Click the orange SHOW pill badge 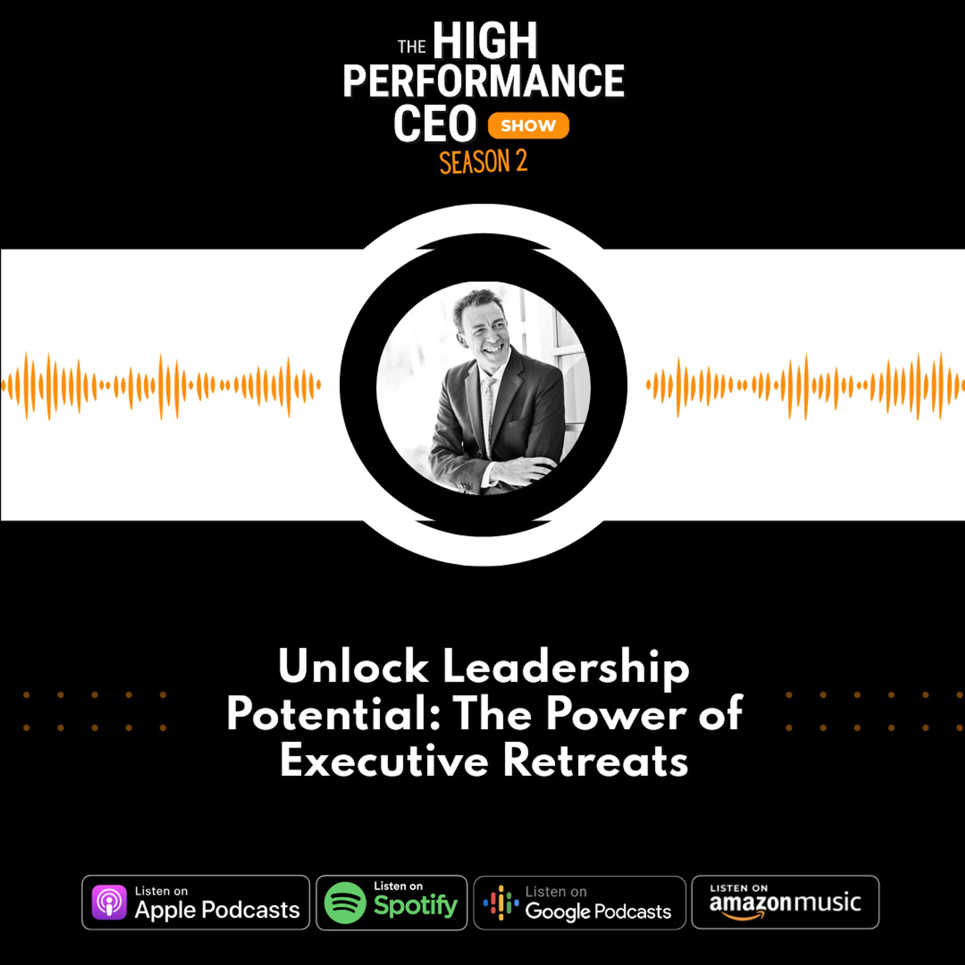click(x=528, y=125)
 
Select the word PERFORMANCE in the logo click(x=483, y=81)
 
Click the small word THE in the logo click(x=412, y=47)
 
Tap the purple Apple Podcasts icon click(x=109, y=902)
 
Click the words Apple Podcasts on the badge click(x=217, y=910)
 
